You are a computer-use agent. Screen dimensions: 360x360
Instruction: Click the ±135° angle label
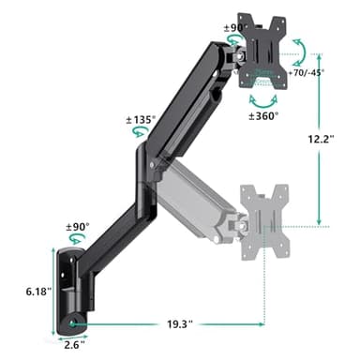tap(141, 120)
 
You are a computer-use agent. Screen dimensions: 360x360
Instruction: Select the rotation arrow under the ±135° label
tap(142, 136)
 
